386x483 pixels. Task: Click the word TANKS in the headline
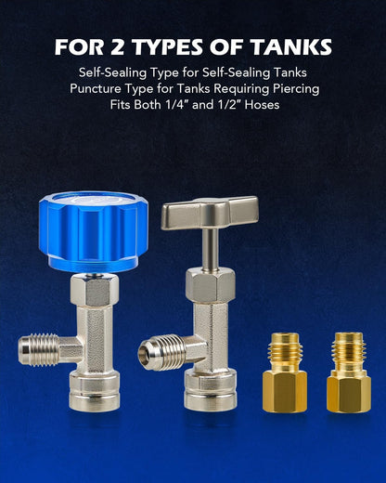(291, 47)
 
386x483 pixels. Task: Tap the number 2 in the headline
(117, 47)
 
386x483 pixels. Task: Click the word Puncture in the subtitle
(96, 89)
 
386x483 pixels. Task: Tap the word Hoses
(262, 105)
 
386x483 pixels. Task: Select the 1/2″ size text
(229, 105)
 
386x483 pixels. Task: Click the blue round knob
(93, 232)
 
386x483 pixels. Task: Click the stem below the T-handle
(211, 250)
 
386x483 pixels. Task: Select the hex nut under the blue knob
(95, 290)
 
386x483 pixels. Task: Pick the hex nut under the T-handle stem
(210, 285)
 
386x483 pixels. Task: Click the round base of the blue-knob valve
(95, 391)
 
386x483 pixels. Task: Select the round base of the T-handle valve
(211, 389)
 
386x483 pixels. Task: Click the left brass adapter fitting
(285, 372)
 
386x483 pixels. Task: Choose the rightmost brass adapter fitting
(349, 372)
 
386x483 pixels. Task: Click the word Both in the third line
(148, 105)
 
